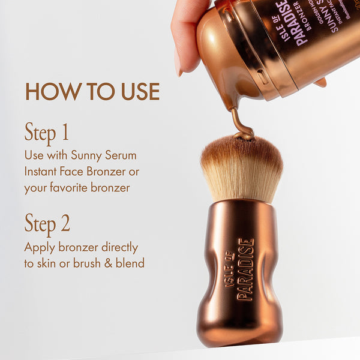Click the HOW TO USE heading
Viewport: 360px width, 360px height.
click(92, 91)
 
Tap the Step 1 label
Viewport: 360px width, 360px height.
click(47, 133)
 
